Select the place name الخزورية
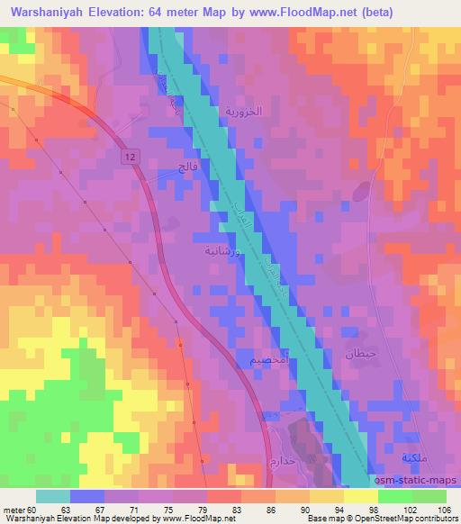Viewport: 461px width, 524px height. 242,113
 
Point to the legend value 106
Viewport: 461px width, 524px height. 446,510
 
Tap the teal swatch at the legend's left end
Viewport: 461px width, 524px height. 52,496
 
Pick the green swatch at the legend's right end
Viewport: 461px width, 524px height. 429,496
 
